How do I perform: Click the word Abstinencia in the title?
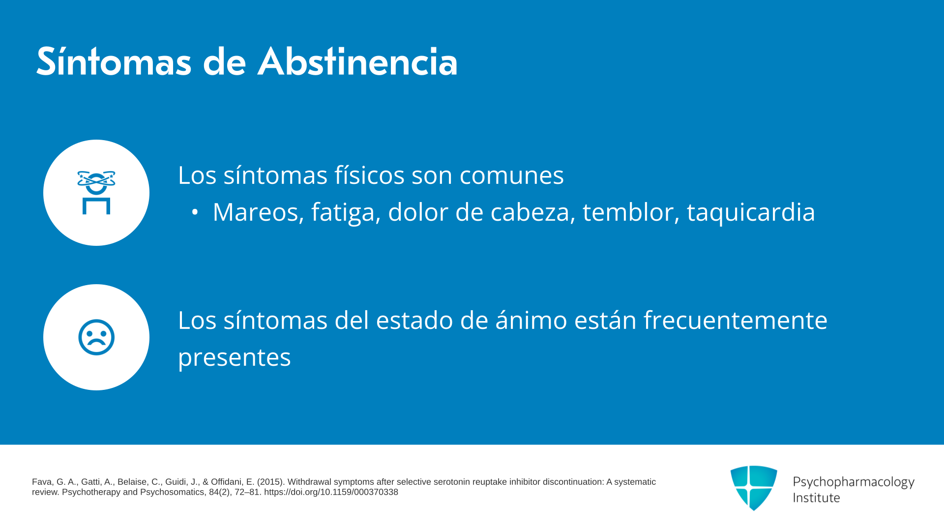pyautogui.click(x=357, y=61)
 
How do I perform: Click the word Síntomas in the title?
pyautogui.click(x=114, y=61)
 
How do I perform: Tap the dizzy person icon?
pyautogui.click(x=96, y=192)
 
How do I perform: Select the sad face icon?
pyautogui.click(x=96, y=337)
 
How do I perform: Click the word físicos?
pyautogui.click(x=370, y=176)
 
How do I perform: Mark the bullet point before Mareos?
pyautogui.click(x=195, y=212)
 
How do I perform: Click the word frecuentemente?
pyautogui.click(x=736, y=320)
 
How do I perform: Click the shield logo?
pyautogui.click(x=754, y=488)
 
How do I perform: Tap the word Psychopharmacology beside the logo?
pyautogui.click(x=854, y=482)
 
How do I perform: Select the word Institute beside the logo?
pyautogui.click(x=817, y=498)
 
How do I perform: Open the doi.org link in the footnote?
pyautogui.click(x=331, y=492)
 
